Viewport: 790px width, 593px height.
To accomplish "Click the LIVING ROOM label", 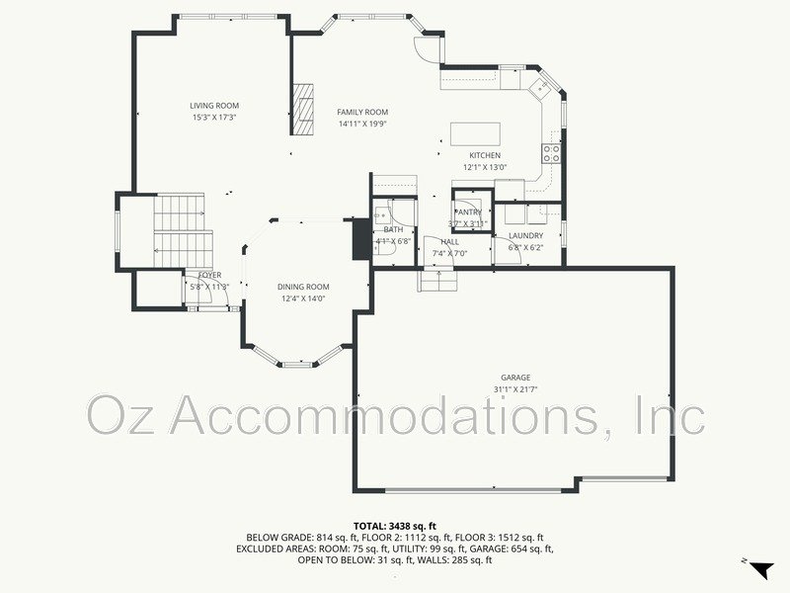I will click(214, 106).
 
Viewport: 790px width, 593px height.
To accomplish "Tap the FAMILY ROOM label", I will click(362, 113).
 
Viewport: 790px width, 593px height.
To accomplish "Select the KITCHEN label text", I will click(484, 155).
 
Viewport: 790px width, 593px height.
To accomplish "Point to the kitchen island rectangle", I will click(475, 133).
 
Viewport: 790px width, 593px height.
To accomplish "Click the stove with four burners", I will click(550, 153).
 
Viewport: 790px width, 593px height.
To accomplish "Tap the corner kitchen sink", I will click(540, 88).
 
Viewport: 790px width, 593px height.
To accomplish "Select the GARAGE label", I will click(515, 378).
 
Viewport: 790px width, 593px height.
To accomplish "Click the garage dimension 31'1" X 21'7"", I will click(515, 389).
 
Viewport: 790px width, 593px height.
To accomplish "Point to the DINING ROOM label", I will click(302, 287).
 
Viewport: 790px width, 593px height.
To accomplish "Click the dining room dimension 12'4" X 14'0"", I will click(302, 298).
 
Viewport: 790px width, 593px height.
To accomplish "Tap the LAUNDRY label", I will click(525, 235).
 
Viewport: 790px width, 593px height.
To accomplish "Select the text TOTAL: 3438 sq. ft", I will click(395, 526).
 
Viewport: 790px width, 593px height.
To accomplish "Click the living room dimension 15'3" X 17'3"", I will click(214, 118).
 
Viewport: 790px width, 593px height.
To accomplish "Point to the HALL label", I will click(449, 242).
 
